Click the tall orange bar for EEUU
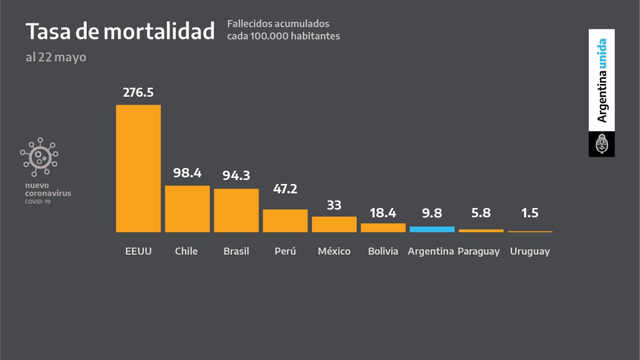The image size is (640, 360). [138, 168]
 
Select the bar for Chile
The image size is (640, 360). [187, 209]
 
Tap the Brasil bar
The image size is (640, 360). [236, 210]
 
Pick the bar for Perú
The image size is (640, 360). [285, 221]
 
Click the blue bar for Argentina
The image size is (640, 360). [432, 229]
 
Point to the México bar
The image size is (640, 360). [334, 224]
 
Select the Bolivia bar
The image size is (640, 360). [383, 227]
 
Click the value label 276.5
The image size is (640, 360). [138, 92]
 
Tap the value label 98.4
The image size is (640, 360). [187, 173]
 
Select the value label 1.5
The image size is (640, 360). [530, 213]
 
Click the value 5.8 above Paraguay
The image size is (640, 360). [481, 213]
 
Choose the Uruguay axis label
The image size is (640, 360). [530, 251]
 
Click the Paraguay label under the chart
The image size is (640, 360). [479, 251]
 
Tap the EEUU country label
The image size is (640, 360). [138, 251]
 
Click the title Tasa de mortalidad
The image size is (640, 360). [120, 31]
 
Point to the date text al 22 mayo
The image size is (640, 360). [56, 57]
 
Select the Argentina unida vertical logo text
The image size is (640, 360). [601, 81]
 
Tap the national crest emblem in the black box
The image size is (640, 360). [601, 144]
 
